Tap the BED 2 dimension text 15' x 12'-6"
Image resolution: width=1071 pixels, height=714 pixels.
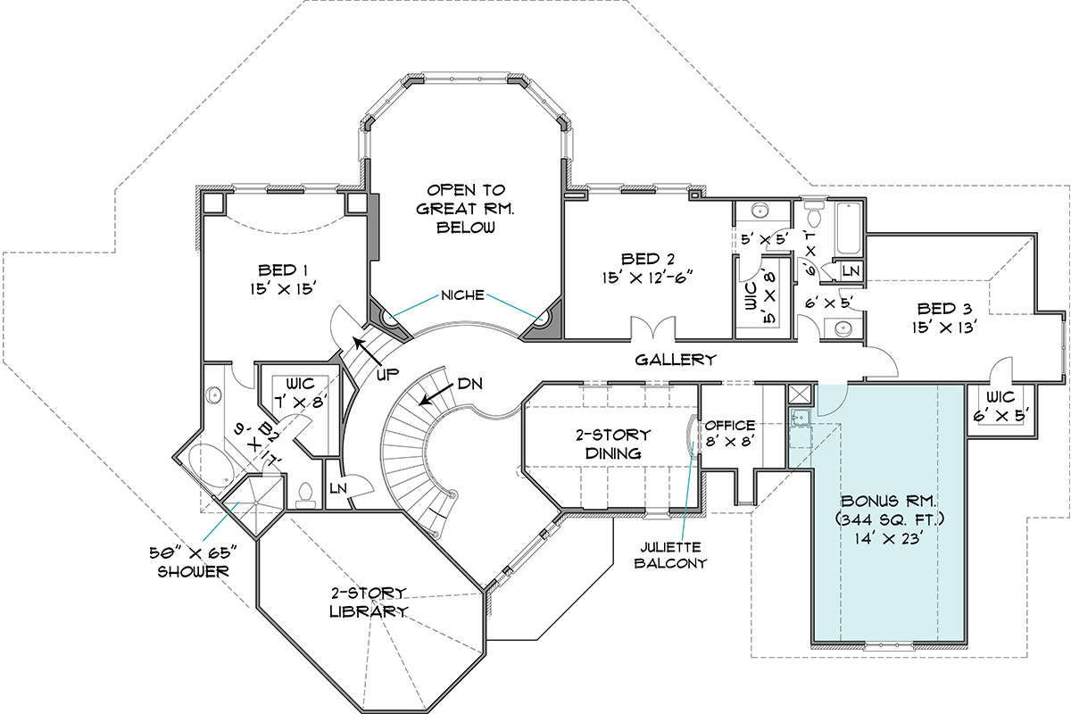647,278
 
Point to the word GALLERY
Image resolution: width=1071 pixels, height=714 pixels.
676,360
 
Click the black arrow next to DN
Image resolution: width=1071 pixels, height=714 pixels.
436,394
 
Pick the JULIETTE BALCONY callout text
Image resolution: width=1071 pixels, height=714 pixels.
670,555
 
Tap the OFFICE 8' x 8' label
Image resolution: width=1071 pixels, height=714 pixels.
730,433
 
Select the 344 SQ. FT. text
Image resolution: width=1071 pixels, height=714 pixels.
890,519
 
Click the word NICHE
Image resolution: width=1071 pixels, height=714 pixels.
462,295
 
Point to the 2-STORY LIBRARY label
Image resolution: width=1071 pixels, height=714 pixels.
369,602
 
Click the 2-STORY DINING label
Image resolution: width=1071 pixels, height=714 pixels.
613,444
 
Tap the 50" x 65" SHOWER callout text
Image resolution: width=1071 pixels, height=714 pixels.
193,562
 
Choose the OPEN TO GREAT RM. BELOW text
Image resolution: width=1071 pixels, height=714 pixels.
465,209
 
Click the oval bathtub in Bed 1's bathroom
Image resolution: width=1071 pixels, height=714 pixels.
211,466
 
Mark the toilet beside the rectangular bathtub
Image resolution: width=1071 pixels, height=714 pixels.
812,214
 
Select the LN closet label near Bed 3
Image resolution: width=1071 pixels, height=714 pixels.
851,271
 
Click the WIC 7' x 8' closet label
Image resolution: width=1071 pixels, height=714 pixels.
299,393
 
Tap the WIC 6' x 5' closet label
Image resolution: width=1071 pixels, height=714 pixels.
1000,407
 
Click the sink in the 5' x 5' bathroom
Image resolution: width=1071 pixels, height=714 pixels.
760,211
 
